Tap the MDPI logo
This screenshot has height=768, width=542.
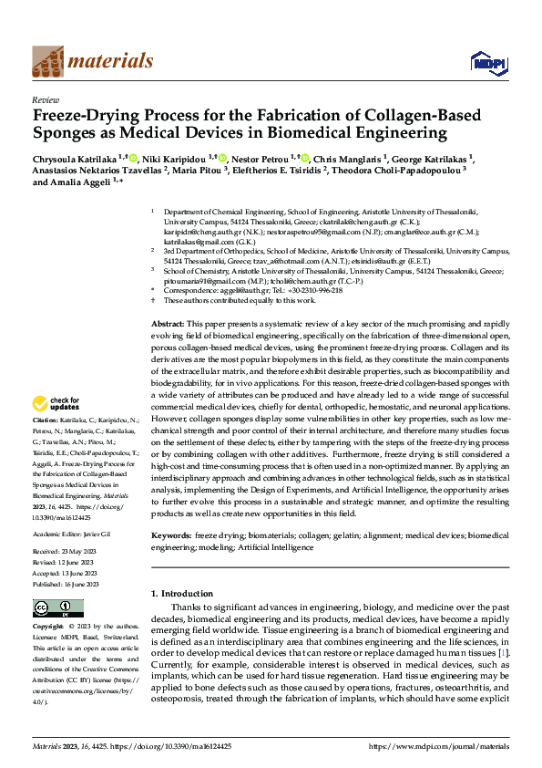[x=483, y=62]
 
